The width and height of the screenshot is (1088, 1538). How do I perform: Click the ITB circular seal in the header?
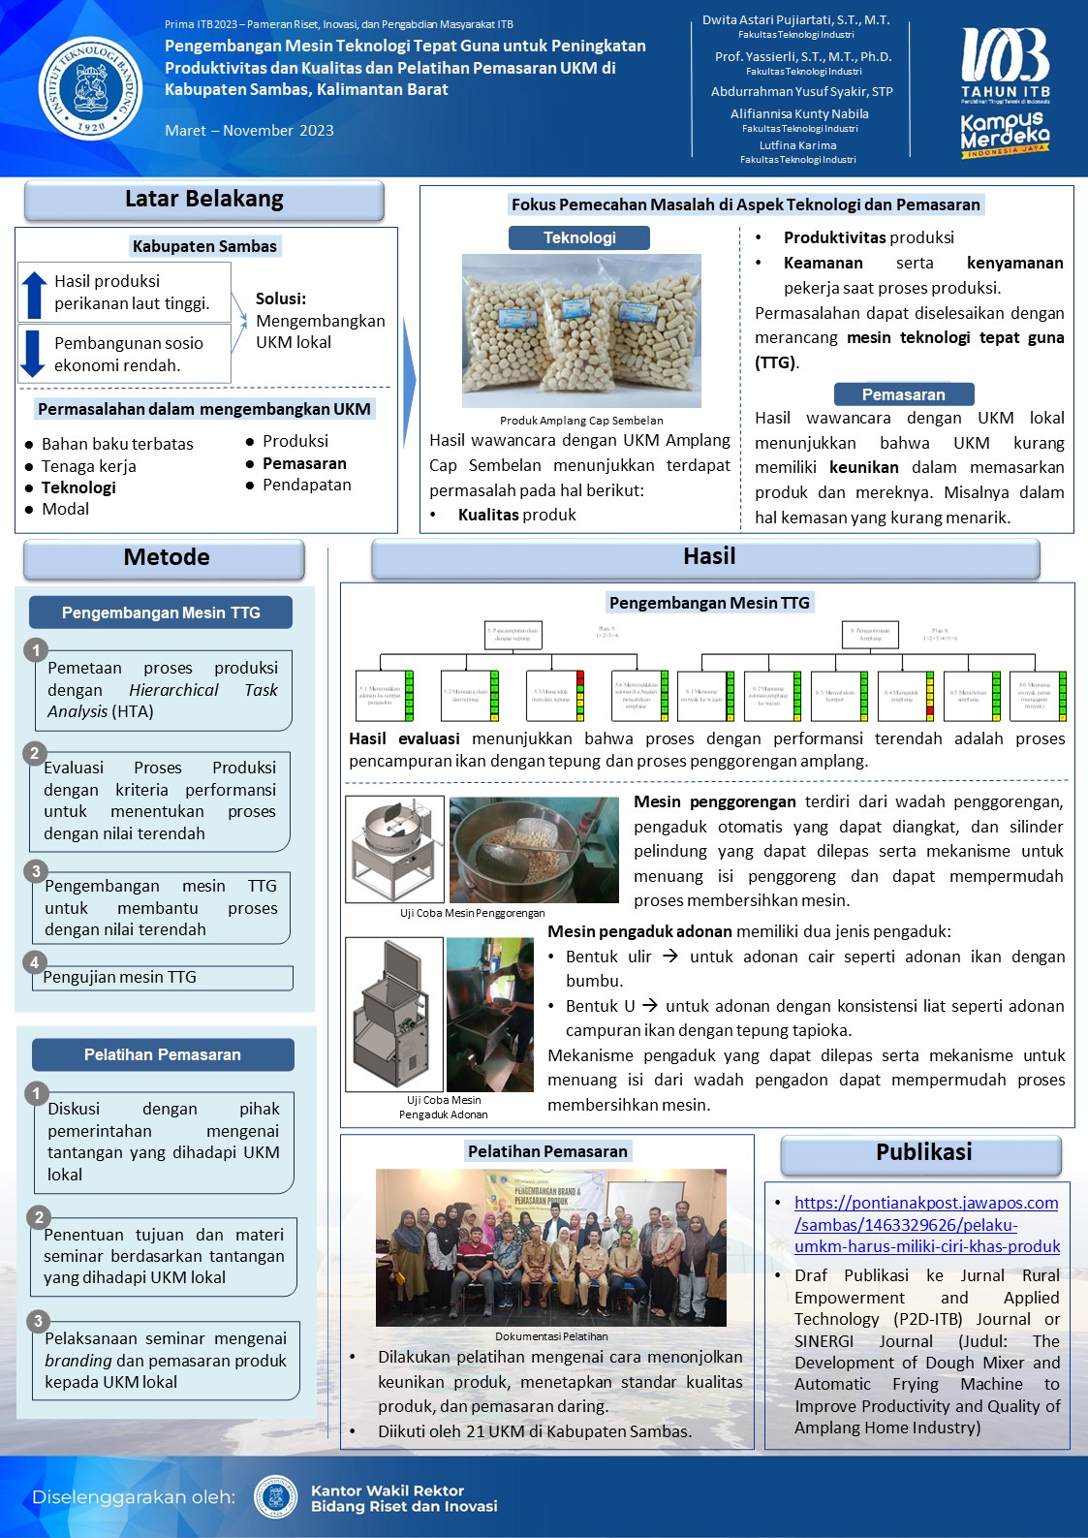click(90, 89)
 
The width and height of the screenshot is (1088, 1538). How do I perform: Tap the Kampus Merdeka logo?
click(1005, 135)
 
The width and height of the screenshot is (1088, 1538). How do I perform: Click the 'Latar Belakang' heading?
click(204, 200)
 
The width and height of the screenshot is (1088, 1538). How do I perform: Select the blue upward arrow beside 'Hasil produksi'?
click(34, 294)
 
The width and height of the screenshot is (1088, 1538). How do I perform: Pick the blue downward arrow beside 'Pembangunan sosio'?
click(33, 354)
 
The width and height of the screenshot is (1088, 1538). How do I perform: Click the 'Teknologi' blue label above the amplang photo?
click(579, 237)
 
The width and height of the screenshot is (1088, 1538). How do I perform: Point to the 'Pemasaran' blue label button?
click(903, 394)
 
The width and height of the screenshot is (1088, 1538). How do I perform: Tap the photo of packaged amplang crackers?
click(581, 330)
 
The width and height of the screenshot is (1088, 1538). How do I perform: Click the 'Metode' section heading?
click(166, 557)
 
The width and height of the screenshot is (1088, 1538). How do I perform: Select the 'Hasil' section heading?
click(708, 556)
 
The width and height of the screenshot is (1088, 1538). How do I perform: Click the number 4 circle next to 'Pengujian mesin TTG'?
click(35, 962)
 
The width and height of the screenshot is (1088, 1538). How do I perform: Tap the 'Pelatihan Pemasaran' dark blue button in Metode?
click(162, 1054)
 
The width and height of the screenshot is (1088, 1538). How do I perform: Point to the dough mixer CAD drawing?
click(393, 1014)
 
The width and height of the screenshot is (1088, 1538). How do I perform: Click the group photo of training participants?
click(550, 1246)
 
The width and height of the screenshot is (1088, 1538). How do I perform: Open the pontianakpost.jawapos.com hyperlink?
click(926, 1225)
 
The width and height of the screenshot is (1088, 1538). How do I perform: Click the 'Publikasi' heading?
click(923, 1152)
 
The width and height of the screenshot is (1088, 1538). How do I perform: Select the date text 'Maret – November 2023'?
click(249, 131)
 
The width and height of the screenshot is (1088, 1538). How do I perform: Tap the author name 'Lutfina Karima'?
click(797, 145)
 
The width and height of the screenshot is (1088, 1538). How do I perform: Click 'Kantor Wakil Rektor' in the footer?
click(387, 1491)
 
